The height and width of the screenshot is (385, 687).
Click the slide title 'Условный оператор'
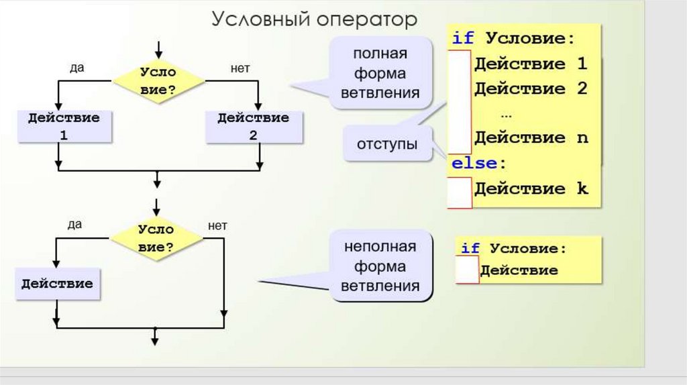(x=314, y=19)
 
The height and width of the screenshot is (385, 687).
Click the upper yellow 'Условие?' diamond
(x=158, y=82)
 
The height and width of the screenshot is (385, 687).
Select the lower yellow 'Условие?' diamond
(x=156, y=237)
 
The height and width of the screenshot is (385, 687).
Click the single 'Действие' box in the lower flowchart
(x=57, y=284)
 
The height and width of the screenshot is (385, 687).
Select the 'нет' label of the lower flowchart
(x=217, y=225)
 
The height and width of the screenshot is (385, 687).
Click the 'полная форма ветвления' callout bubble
(x=380, y=73)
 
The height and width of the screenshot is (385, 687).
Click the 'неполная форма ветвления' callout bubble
(x=380, y=266)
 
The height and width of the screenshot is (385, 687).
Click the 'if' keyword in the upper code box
(x=463, y=38)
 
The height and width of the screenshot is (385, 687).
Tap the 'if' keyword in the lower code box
(x=470, y=248)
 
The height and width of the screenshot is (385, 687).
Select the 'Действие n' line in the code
(x=531, y=138)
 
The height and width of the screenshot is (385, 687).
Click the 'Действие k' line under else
(x=531, y=188)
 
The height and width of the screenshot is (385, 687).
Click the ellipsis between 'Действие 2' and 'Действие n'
(x=506, y=114)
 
